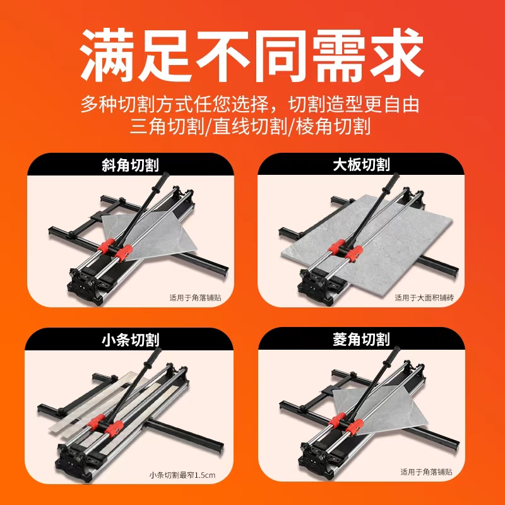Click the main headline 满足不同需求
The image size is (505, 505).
tap(251, 55)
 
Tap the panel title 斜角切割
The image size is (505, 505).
tap(130, 165)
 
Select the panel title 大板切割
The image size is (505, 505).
tap(361, 165)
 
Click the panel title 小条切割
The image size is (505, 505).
tap(130, 340)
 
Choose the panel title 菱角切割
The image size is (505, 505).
tap(361, 340)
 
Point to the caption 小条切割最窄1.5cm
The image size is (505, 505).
tap(182, 475)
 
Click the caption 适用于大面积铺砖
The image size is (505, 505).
tap(424, 297)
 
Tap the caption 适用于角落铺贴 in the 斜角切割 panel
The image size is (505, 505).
tap(196, 297)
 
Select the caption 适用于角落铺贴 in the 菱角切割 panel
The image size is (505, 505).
tap(427, 472)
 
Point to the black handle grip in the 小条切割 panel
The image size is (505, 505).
tap(153, 357)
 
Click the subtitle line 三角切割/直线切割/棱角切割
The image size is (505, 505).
tap(250, 126)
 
